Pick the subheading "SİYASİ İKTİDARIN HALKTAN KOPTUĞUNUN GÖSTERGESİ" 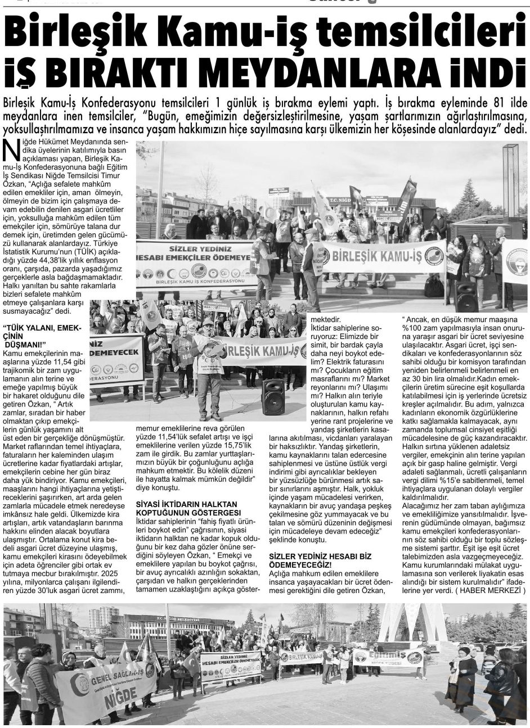click(186, 508)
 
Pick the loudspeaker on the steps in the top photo click(466, 296)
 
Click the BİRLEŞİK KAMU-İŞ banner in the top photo click(382, 257)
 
